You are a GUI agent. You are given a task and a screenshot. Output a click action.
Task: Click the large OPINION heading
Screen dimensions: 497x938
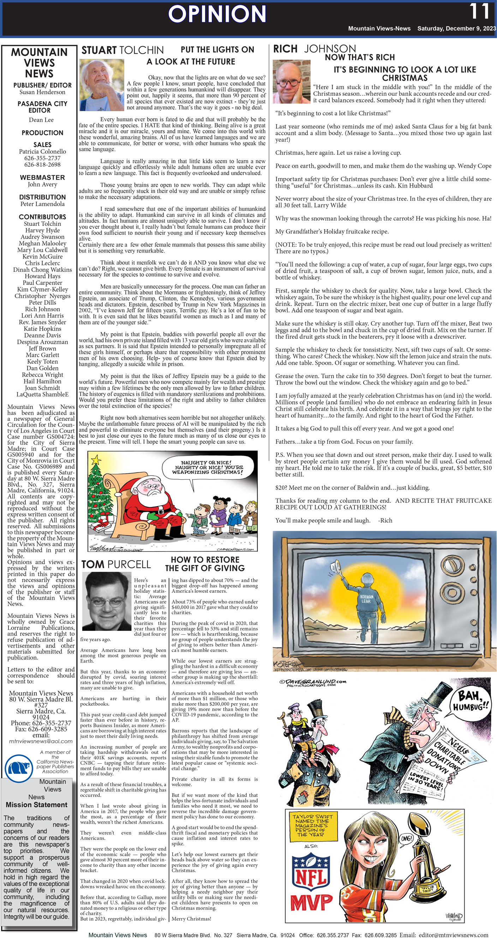point(217,14)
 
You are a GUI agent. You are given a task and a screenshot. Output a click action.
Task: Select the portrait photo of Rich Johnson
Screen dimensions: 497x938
point(291,82)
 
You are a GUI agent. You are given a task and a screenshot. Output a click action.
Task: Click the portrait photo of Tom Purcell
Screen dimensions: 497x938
point(107,601)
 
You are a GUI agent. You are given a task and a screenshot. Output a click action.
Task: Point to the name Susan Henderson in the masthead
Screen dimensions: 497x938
point(42,92)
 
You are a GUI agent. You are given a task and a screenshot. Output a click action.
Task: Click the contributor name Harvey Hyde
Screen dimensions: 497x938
point(42,230)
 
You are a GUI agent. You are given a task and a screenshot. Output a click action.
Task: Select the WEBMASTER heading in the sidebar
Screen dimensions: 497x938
point(42,177)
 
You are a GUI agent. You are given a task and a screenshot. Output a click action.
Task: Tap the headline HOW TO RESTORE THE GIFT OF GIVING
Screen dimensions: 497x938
point(205,564)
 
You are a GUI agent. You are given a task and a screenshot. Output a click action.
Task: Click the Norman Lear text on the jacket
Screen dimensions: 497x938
point(366,599)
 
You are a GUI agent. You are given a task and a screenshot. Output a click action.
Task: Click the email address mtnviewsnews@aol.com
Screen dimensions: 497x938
point(41,741)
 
